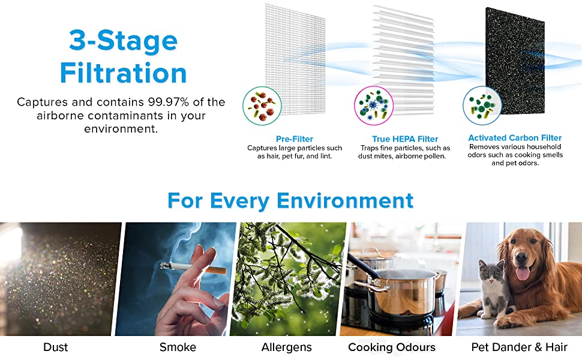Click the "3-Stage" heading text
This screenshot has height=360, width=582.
pyautogui.click(x=123, y=40)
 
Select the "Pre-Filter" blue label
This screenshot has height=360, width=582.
pyautogui.click(x=295, y=139)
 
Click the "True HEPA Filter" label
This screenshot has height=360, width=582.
pyautogui.click(x=405, y=139)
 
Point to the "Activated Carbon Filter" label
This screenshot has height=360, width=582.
pyautogui.click(x=515, y=137)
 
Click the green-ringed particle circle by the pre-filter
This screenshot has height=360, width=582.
pyautogui.click(x=262, y=106)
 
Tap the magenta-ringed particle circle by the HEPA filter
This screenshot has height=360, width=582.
pyautogui.click(x=373, y=106)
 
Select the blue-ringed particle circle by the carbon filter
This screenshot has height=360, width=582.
pyautogui.click(x=482, y=106)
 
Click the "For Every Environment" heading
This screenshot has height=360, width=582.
pyautogui.click(x=290, y=201)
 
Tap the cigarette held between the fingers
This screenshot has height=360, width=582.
pyautogui.click(x=193, y=268)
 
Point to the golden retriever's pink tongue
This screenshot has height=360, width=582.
pyautogui.click(x=523, y=274)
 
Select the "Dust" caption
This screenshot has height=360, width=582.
pyautogui.click(x=56, y=347)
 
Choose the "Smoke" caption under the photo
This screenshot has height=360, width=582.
pyautogui.click(x=178, y=347)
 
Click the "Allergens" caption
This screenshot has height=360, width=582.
pyautogui.click(x=287, y=347)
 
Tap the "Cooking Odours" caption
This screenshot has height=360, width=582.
pyautogui.click(x=392, y=347)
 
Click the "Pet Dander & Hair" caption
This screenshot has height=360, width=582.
pyautogui.click(x=519, y=347)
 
